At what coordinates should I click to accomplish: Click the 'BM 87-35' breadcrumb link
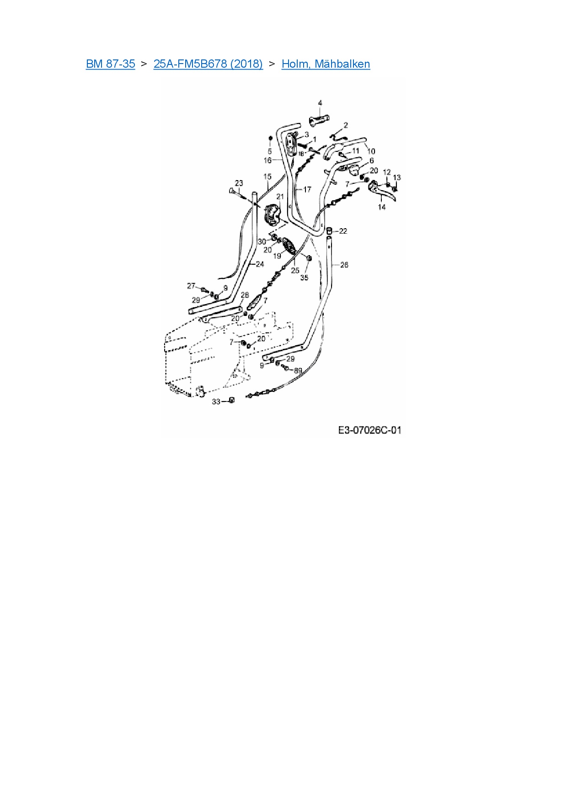tap(110, 64)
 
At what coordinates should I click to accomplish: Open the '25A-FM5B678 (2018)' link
tap(208, 64)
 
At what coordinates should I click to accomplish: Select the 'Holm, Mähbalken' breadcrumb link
tap(326, 64)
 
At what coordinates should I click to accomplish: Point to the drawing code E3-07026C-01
tap(369, 430)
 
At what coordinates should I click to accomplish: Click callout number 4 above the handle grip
tap(320, 103)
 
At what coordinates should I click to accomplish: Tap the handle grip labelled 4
tap(319, 121)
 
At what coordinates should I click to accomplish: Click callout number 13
tap(396, 177)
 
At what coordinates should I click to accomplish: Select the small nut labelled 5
tap(270, 138)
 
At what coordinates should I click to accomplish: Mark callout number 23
tap(239, 183)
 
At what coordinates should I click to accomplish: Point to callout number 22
tap(343, 231)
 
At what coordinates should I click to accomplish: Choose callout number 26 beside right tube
tap(344, 265)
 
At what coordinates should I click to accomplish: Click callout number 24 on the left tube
tap(260, 264)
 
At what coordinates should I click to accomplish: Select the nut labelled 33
tap(231, 401)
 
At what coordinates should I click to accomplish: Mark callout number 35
tap(304, 278)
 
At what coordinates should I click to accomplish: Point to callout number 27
tap(191, 286)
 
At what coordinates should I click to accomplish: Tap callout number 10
tap(371, 151)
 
